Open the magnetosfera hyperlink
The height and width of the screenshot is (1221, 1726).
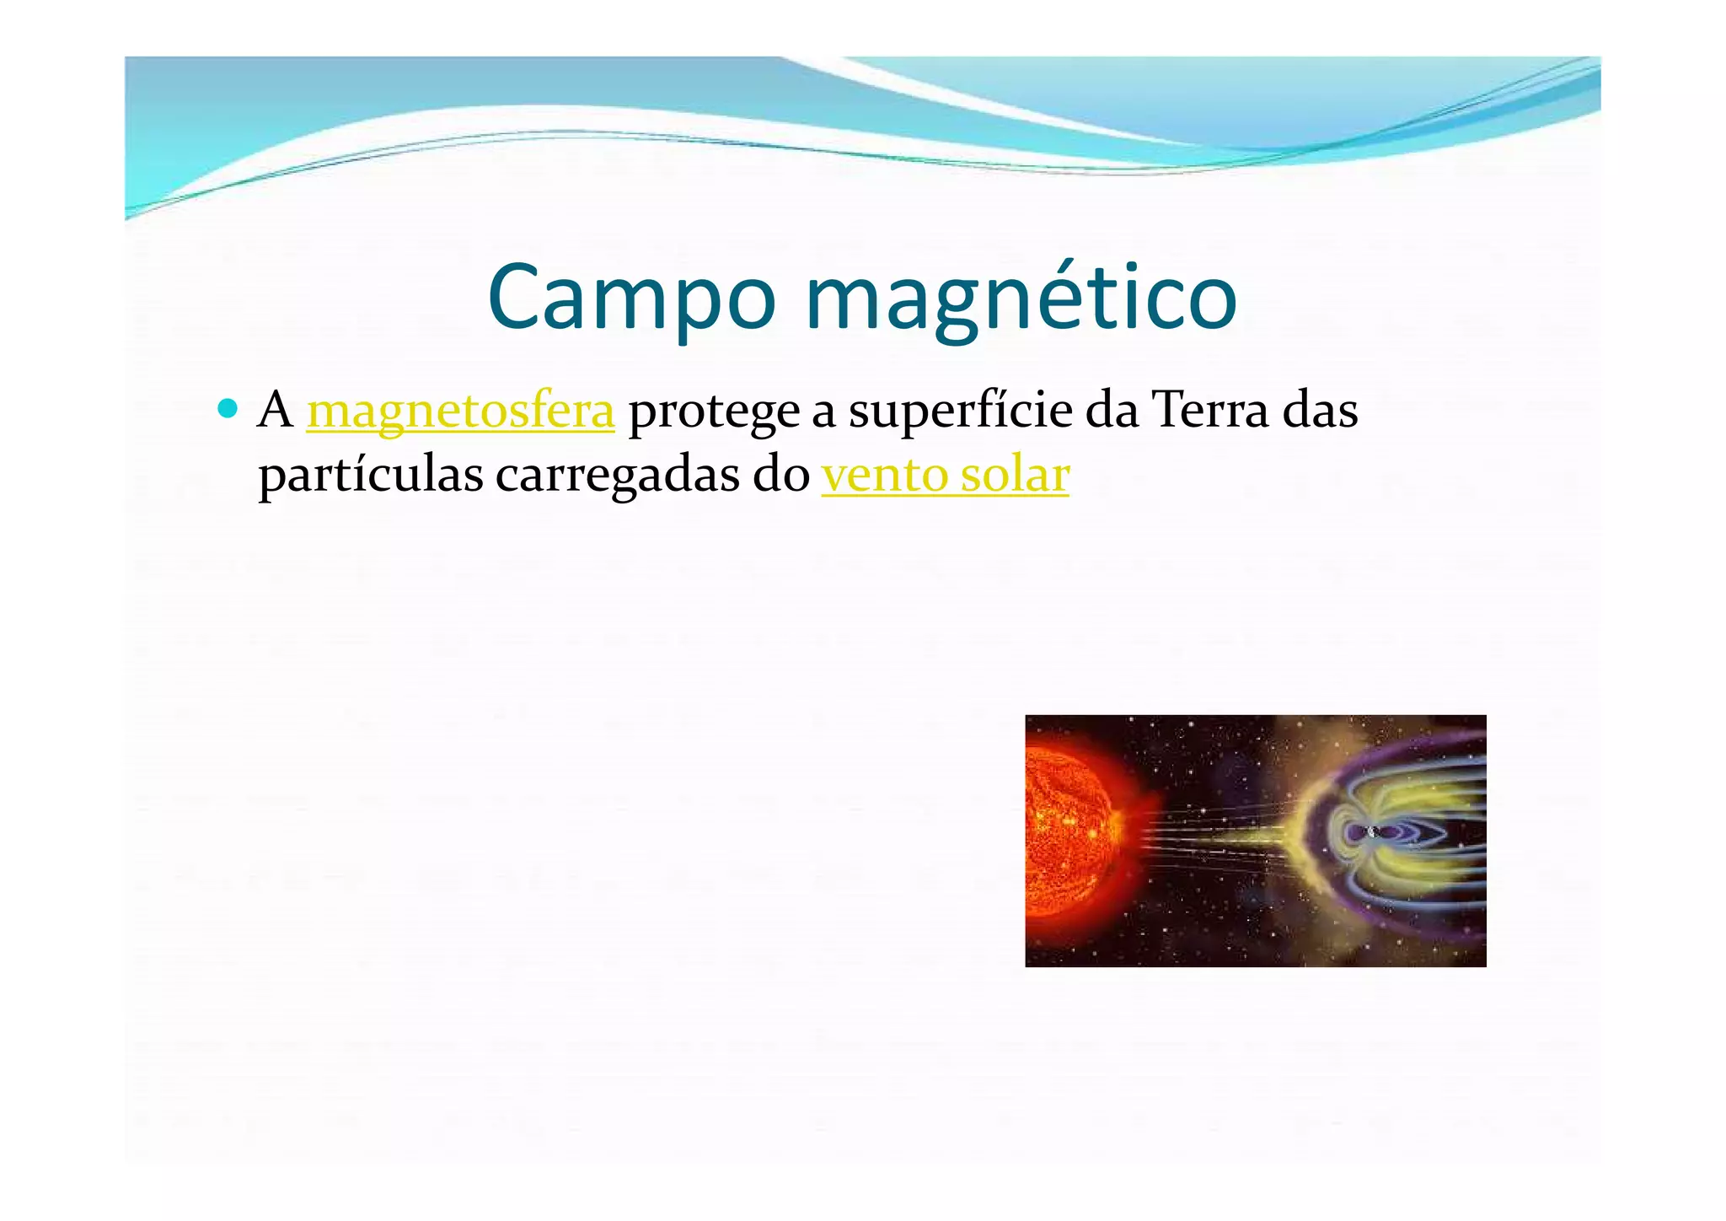[x=460, y=411]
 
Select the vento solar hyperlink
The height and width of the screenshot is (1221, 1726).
[x=945, y=475]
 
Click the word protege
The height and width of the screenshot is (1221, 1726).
[x=713, y=412]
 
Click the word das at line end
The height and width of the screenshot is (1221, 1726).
[x=1320, y=411]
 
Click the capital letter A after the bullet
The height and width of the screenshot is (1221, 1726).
[x=276, y=411]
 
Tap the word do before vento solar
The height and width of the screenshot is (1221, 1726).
[x=781, y=475]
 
